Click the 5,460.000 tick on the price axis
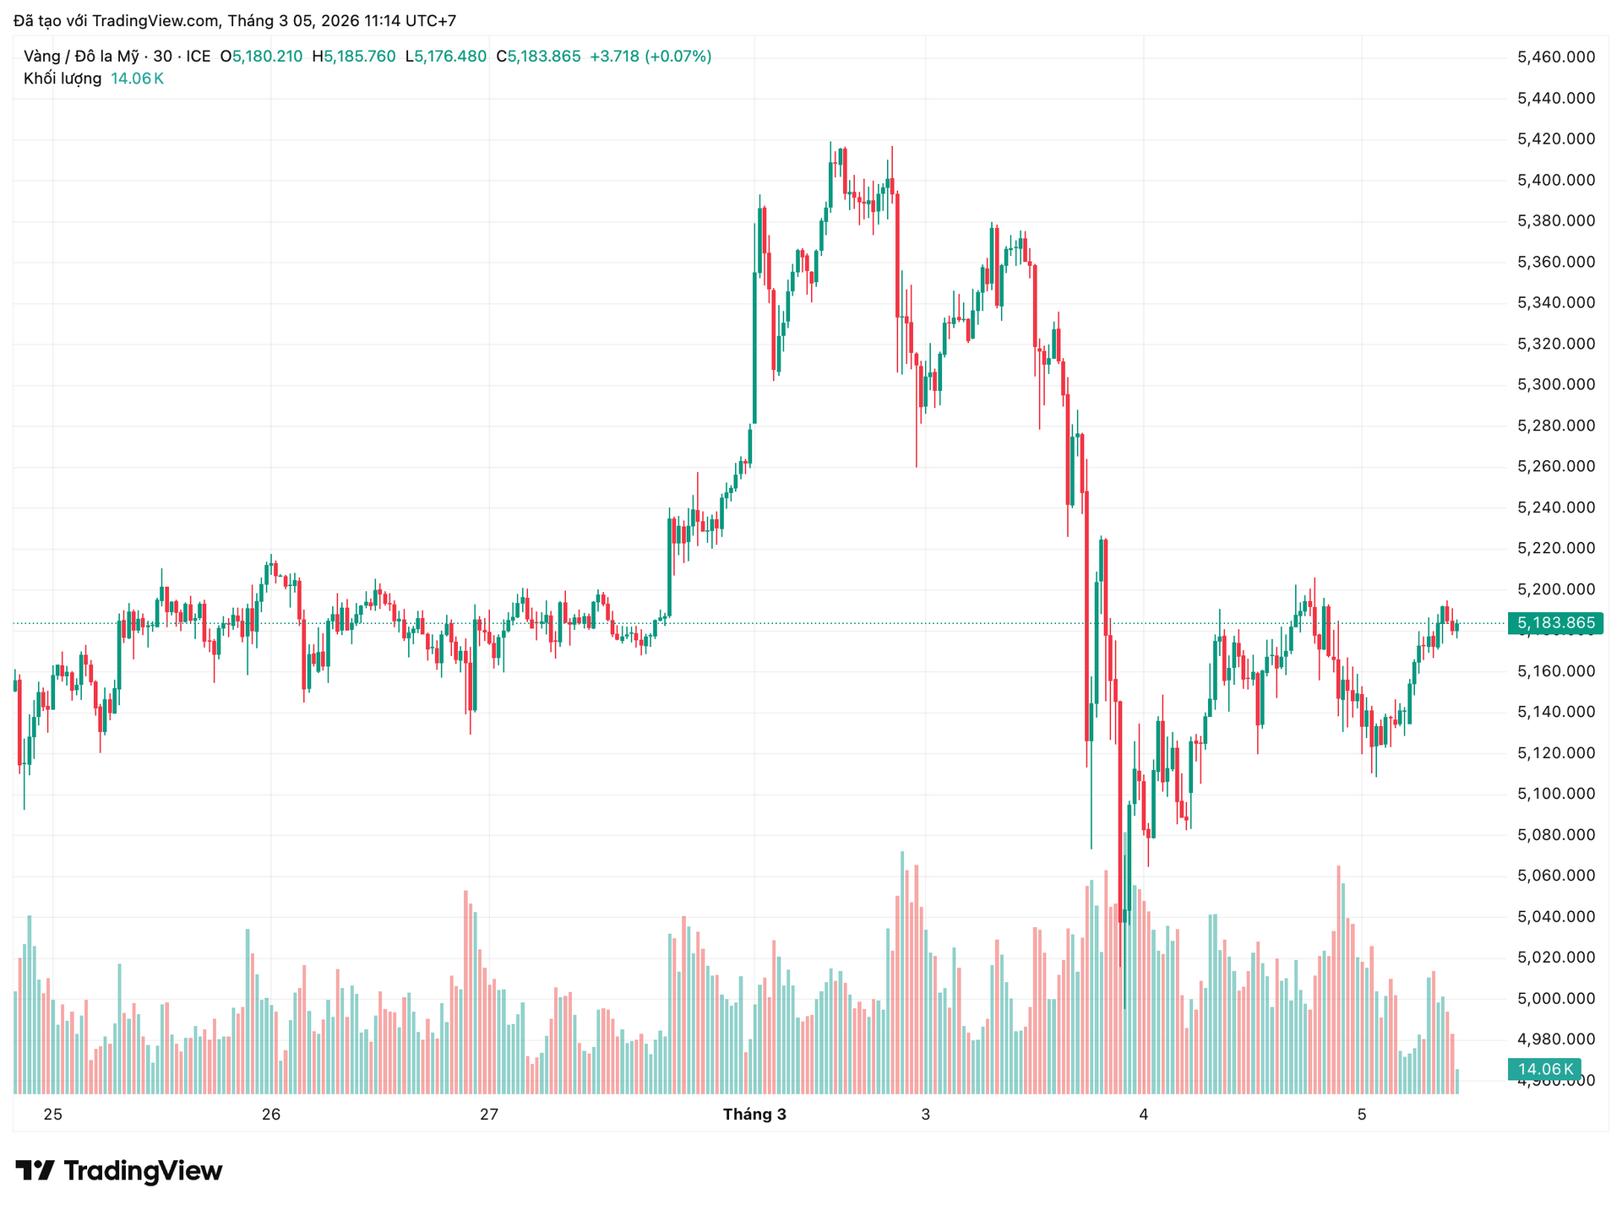1556,57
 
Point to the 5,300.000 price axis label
1556,385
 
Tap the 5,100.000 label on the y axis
1556,794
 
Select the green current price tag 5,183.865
1555,623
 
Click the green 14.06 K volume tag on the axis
1544,1069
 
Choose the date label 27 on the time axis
489,1115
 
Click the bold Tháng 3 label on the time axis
754,1115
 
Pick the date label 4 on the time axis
1144,1115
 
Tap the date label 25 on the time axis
53,1115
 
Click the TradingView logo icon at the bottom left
35,1170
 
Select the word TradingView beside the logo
143,1171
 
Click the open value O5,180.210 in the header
261,57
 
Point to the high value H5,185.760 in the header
354,57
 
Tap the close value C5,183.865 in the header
538,57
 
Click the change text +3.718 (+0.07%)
650,57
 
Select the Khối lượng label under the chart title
63,79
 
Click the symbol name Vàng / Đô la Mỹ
81,57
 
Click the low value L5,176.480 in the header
446,57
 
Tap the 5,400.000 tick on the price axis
1556,180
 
